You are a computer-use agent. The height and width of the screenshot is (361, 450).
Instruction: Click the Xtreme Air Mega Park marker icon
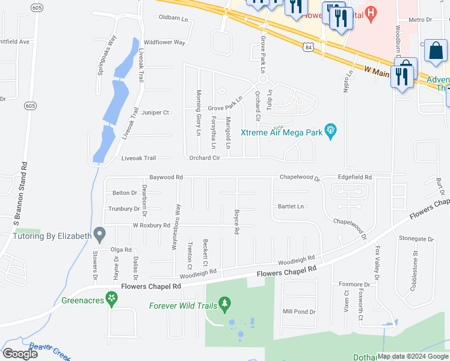pyautogui.click(x=330, y=131)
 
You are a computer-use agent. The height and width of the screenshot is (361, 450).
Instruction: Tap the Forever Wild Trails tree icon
pyautogui.click(x=225, y=304)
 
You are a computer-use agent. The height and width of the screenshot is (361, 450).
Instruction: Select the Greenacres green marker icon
pyautogui.click(x=111, y=298)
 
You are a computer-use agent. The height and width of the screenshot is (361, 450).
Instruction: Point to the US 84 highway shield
pyautogui.click(x=308, y=46)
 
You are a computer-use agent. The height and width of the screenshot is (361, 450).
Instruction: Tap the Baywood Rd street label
pyautogui.click(x=166, y=177)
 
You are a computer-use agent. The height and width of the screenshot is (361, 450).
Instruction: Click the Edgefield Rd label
pyautogui.click(x=355, y=177)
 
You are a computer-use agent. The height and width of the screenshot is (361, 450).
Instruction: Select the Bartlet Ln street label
pyautogui.click(x=291, y=206)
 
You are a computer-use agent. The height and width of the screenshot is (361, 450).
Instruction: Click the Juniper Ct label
pyautogui.click(x=156, y=113)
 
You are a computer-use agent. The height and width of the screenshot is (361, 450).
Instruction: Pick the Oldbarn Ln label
pyautogui.click(x=173, y=17)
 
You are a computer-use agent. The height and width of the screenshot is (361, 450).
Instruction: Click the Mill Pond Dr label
pyautogui.click(x=299, y=312)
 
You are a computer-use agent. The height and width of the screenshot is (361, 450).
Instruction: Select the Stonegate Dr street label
pyautogui.click(x=416, y=239)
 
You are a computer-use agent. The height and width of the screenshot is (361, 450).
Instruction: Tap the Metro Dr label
pyautogui.click(x=421, y=20)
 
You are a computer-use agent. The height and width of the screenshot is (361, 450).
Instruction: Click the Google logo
pyautogui.click(x=20, y=354)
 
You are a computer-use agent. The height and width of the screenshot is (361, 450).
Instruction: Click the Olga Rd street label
pyautogui.click(x=120, y=249)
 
